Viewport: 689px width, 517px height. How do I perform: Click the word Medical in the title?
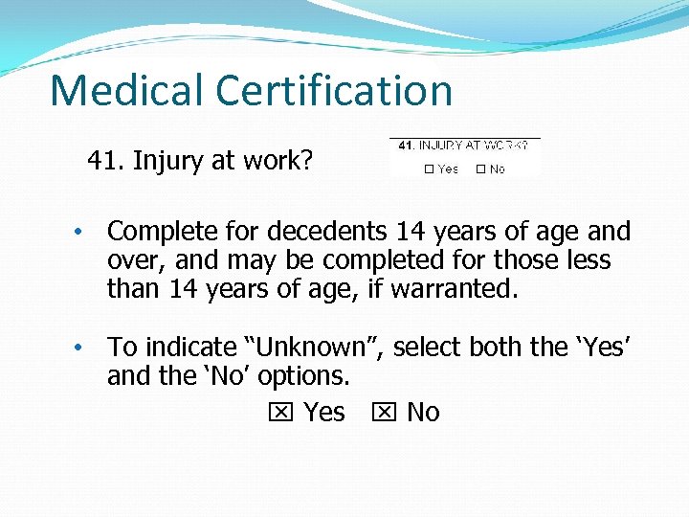click(x=127, y=91)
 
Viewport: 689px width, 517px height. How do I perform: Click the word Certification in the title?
click(x=335, y=91)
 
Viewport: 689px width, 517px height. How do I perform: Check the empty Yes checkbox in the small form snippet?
click(x=429, y=169)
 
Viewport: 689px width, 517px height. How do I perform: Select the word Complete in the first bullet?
click(x=160, y=232)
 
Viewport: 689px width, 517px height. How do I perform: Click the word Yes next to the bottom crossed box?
click(x=323, y=413)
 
